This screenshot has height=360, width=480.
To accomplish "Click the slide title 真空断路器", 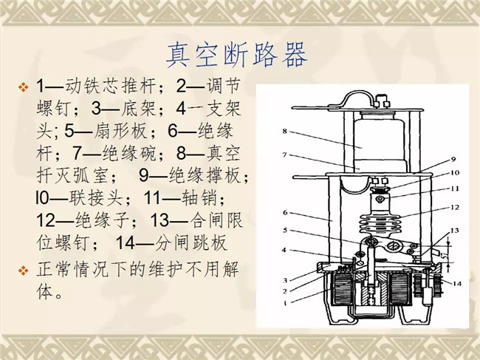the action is pos(237,55).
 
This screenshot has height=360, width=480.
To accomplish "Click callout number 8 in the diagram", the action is pos(285,131).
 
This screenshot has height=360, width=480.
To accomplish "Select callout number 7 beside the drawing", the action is pos(284,155).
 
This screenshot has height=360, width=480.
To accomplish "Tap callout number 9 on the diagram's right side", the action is pos(453,159).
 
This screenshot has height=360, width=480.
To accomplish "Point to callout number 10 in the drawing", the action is pos(455,173).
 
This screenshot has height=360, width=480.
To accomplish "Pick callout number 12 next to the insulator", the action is pos(455,207).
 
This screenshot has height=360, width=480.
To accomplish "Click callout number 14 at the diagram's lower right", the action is pos(456,284).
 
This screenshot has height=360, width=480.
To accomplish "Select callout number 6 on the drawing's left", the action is pos(285,212).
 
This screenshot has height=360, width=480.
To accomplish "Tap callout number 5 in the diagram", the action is pos(285,230).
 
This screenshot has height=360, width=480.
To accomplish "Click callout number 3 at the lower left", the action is pos(285,280).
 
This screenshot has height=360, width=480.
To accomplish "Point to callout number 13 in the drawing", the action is pos(455,230).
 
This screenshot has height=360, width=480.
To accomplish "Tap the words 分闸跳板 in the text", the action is pos(191,243).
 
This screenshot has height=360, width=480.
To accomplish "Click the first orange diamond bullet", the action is pos(24,86).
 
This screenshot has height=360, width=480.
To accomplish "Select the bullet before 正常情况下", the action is pos(24,271).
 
